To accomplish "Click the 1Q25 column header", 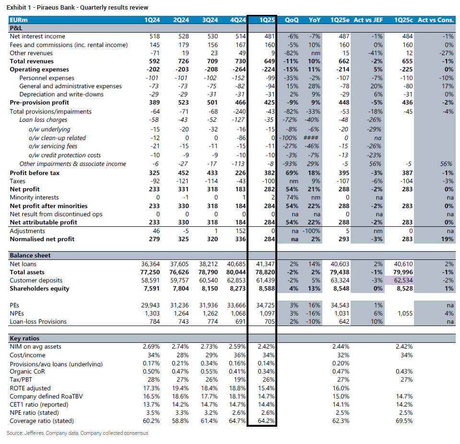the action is (267, 20).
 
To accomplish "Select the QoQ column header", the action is (292, 20).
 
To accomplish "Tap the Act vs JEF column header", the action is (368, 20).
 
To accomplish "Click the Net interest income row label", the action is (37, 36).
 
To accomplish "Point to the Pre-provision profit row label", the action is (39, 102).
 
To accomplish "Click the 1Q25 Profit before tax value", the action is (269, 173).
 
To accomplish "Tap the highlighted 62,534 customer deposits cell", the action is (403, 280).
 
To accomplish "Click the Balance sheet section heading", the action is (30, 256).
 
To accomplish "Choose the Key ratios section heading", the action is (24, 339).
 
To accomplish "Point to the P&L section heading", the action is (16, 28).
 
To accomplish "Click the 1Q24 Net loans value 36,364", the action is (150, 264).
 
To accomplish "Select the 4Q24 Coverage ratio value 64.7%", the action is (237, 421).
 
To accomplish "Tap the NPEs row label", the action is (17, 314).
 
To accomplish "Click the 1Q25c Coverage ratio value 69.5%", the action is (404, 421).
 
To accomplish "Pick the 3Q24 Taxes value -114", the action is (211, 181).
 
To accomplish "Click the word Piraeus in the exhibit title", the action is (47, 8).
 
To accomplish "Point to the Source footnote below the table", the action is (77, 433).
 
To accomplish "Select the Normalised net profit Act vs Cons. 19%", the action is (448, 239).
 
